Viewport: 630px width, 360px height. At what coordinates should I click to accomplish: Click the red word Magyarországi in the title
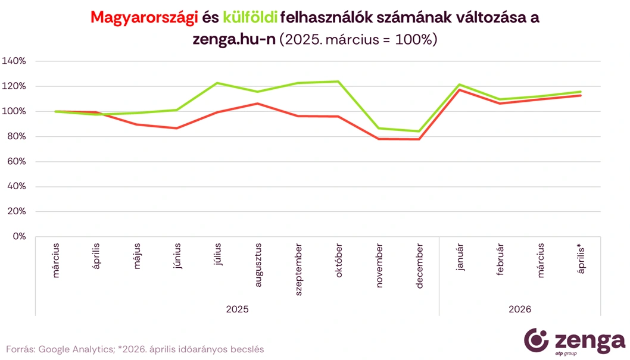click(x=144, y=18)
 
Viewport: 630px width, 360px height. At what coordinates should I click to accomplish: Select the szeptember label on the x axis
click(x=299, y=265)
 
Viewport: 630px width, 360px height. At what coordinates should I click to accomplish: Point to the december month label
click(x=420, y=265)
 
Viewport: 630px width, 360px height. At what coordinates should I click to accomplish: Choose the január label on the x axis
click(x=460, y=256)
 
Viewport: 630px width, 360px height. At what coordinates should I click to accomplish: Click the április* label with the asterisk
click(x=581, y=256)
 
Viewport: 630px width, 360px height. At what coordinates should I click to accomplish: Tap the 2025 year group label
click(x=238, y=309)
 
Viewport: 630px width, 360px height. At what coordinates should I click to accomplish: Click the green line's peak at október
click(x=339, y=82)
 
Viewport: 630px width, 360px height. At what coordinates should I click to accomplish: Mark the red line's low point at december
click(x=420, y=139)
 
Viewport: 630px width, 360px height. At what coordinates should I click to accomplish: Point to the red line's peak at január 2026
click(x=460, y=90)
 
